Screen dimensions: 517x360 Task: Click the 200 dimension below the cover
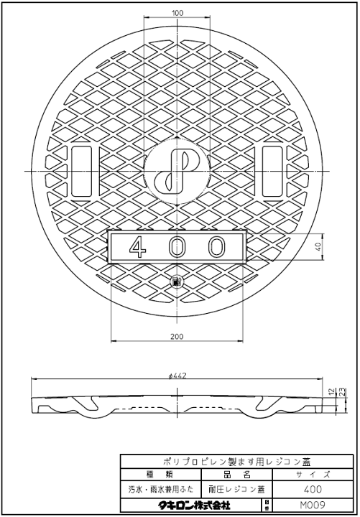click(177, 336)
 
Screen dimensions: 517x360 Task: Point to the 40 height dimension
click(318, 246)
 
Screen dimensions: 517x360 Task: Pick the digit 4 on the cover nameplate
click(134, 247)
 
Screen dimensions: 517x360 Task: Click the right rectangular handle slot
click(272, 170)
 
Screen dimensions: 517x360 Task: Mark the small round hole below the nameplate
click(177, 281)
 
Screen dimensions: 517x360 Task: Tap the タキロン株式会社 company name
click(190, 506)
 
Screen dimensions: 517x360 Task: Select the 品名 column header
click(231, 475)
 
